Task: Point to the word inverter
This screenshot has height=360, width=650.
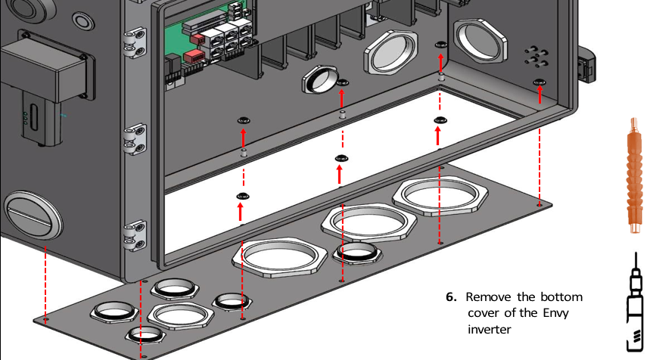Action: coord(490,330)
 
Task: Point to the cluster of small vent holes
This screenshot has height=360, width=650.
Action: coord(536,55)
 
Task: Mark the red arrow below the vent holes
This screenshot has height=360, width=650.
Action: coord(540,95)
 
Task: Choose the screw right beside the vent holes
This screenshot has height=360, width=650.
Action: coord(539,81)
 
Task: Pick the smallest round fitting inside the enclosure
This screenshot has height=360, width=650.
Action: coord(321,78)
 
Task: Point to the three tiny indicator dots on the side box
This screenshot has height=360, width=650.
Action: coord(25,117)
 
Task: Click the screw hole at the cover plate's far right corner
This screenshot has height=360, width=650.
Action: coord(538,203)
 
